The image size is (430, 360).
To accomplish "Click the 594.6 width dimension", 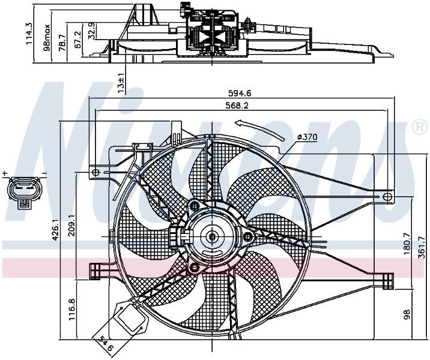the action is tap(240, 94).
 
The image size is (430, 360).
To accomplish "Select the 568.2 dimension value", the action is tap(237, 106).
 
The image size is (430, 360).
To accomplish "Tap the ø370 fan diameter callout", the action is tap(307, 136).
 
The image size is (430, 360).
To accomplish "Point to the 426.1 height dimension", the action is tap(55, 229).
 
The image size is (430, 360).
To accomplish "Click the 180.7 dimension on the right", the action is tap(407, 244).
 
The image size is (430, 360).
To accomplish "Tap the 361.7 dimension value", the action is tap(422, 247).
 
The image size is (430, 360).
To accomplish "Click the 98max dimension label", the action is tap(47, 38).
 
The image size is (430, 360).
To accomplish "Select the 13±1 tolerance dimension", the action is tap(121, 83).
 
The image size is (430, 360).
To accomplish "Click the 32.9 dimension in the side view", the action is tap(92, 31).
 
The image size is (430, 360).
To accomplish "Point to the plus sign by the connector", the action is tap(4, 173).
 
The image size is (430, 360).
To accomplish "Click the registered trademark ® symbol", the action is tap(420, 127).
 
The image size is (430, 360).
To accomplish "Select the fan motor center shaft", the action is tap(212, 236).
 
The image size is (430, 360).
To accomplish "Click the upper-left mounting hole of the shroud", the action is tap(95, 172).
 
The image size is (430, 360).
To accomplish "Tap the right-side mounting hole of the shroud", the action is tap(387, 197).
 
